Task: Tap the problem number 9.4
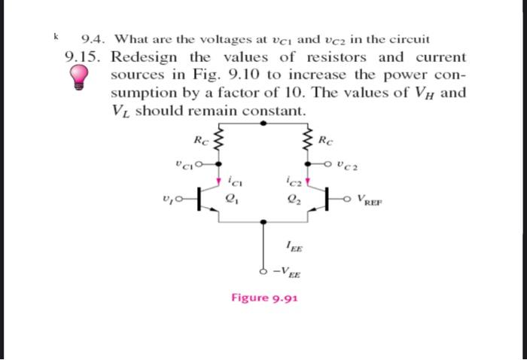point(94,38)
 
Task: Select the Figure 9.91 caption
point(264,297)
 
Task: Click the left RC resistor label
point(200,140)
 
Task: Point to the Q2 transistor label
point(293,200)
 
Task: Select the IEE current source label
point(294,242)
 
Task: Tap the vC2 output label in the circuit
point(349,163)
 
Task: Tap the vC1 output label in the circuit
point(181,163)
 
